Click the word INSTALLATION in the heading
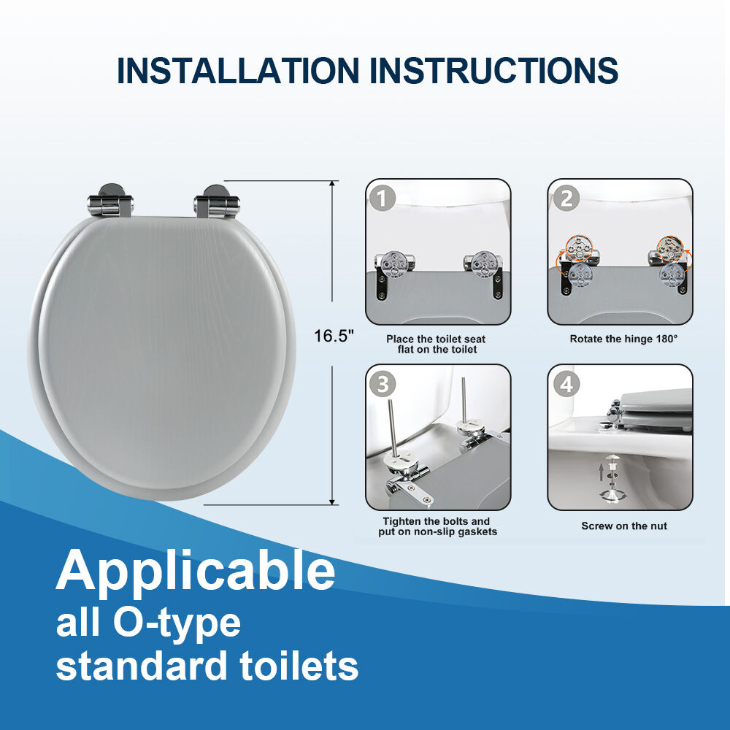237,70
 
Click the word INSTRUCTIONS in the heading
493,70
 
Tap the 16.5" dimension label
334,336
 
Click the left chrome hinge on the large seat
110,201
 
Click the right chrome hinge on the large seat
217,202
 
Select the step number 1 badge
383,199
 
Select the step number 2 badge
566,199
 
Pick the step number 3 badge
383,385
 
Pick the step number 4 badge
566,385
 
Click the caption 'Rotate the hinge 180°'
623,339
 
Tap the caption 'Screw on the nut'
624,526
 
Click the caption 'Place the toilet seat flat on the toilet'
437,345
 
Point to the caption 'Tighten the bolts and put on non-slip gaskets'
437,526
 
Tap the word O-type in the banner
177,624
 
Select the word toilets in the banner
299,666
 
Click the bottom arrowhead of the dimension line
332,502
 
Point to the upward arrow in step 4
601,472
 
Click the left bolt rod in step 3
392,429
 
